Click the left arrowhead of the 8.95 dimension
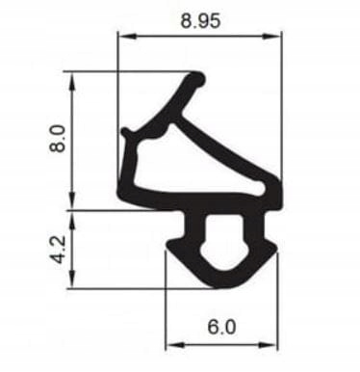[x=122, y=38]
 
